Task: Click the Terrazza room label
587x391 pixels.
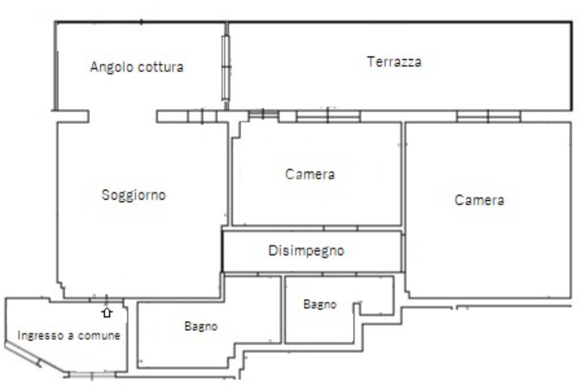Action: pos(394,61)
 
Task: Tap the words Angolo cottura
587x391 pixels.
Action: pos(137,67)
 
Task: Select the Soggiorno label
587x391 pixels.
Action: pos(134,195)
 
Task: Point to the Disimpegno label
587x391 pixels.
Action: pos(306,251)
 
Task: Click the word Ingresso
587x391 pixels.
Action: pos(41,335)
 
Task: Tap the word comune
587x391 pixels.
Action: pos(99,335)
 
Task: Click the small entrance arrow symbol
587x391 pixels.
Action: pos(107,312)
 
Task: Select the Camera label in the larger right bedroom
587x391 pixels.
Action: pos(479,200)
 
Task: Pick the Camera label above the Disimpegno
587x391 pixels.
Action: pos(310,174)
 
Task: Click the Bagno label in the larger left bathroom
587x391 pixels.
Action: pos(201,326)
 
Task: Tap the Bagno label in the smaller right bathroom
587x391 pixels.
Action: pos(320,304)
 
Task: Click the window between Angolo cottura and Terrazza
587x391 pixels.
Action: pos(225,68)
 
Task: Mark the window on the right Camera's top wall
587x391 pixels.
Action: pos(489,116)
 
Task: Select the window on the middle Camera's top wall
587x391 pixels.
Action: pos(328,116)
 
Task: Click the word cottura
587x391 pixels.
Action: pos(161,67)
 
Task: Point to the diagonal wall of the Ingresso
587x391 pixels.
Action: pos(36,358)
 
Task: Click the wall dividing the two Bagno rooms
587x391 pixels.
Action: pos(283,310)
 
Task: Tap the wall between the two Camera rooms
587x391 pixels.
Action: pos(404,174)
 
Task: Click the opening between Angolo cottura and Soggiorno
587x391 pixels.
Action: pos(123,116)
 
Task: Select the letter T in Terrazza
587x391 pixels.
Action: pos(370,61)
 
